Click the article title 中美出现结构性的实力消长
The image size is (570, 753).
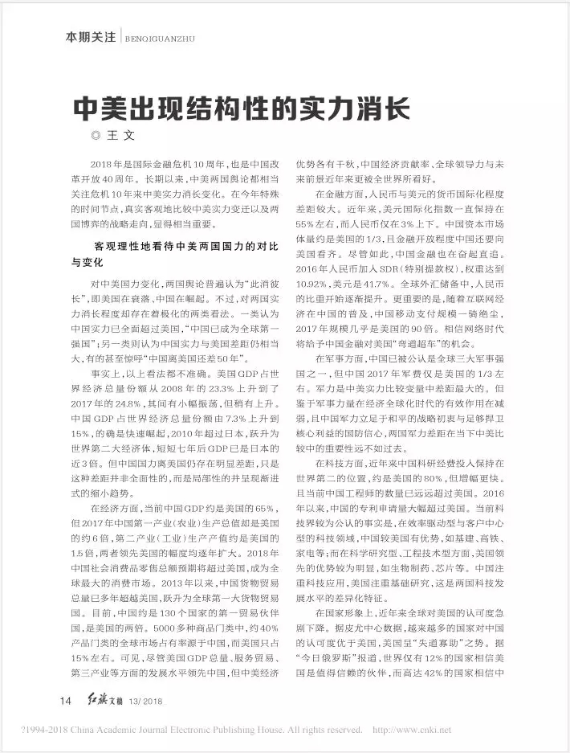(x=241, y=107)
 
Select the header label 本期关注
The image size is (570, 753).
(x=89, y=37)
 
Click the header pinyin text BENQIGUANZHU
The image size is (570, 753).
(x=161, y=38)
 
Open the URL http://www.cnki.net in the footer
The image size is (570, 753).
(x=412, y=730)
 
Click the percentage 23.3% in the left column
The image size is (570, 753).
(x=197, y=374)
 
